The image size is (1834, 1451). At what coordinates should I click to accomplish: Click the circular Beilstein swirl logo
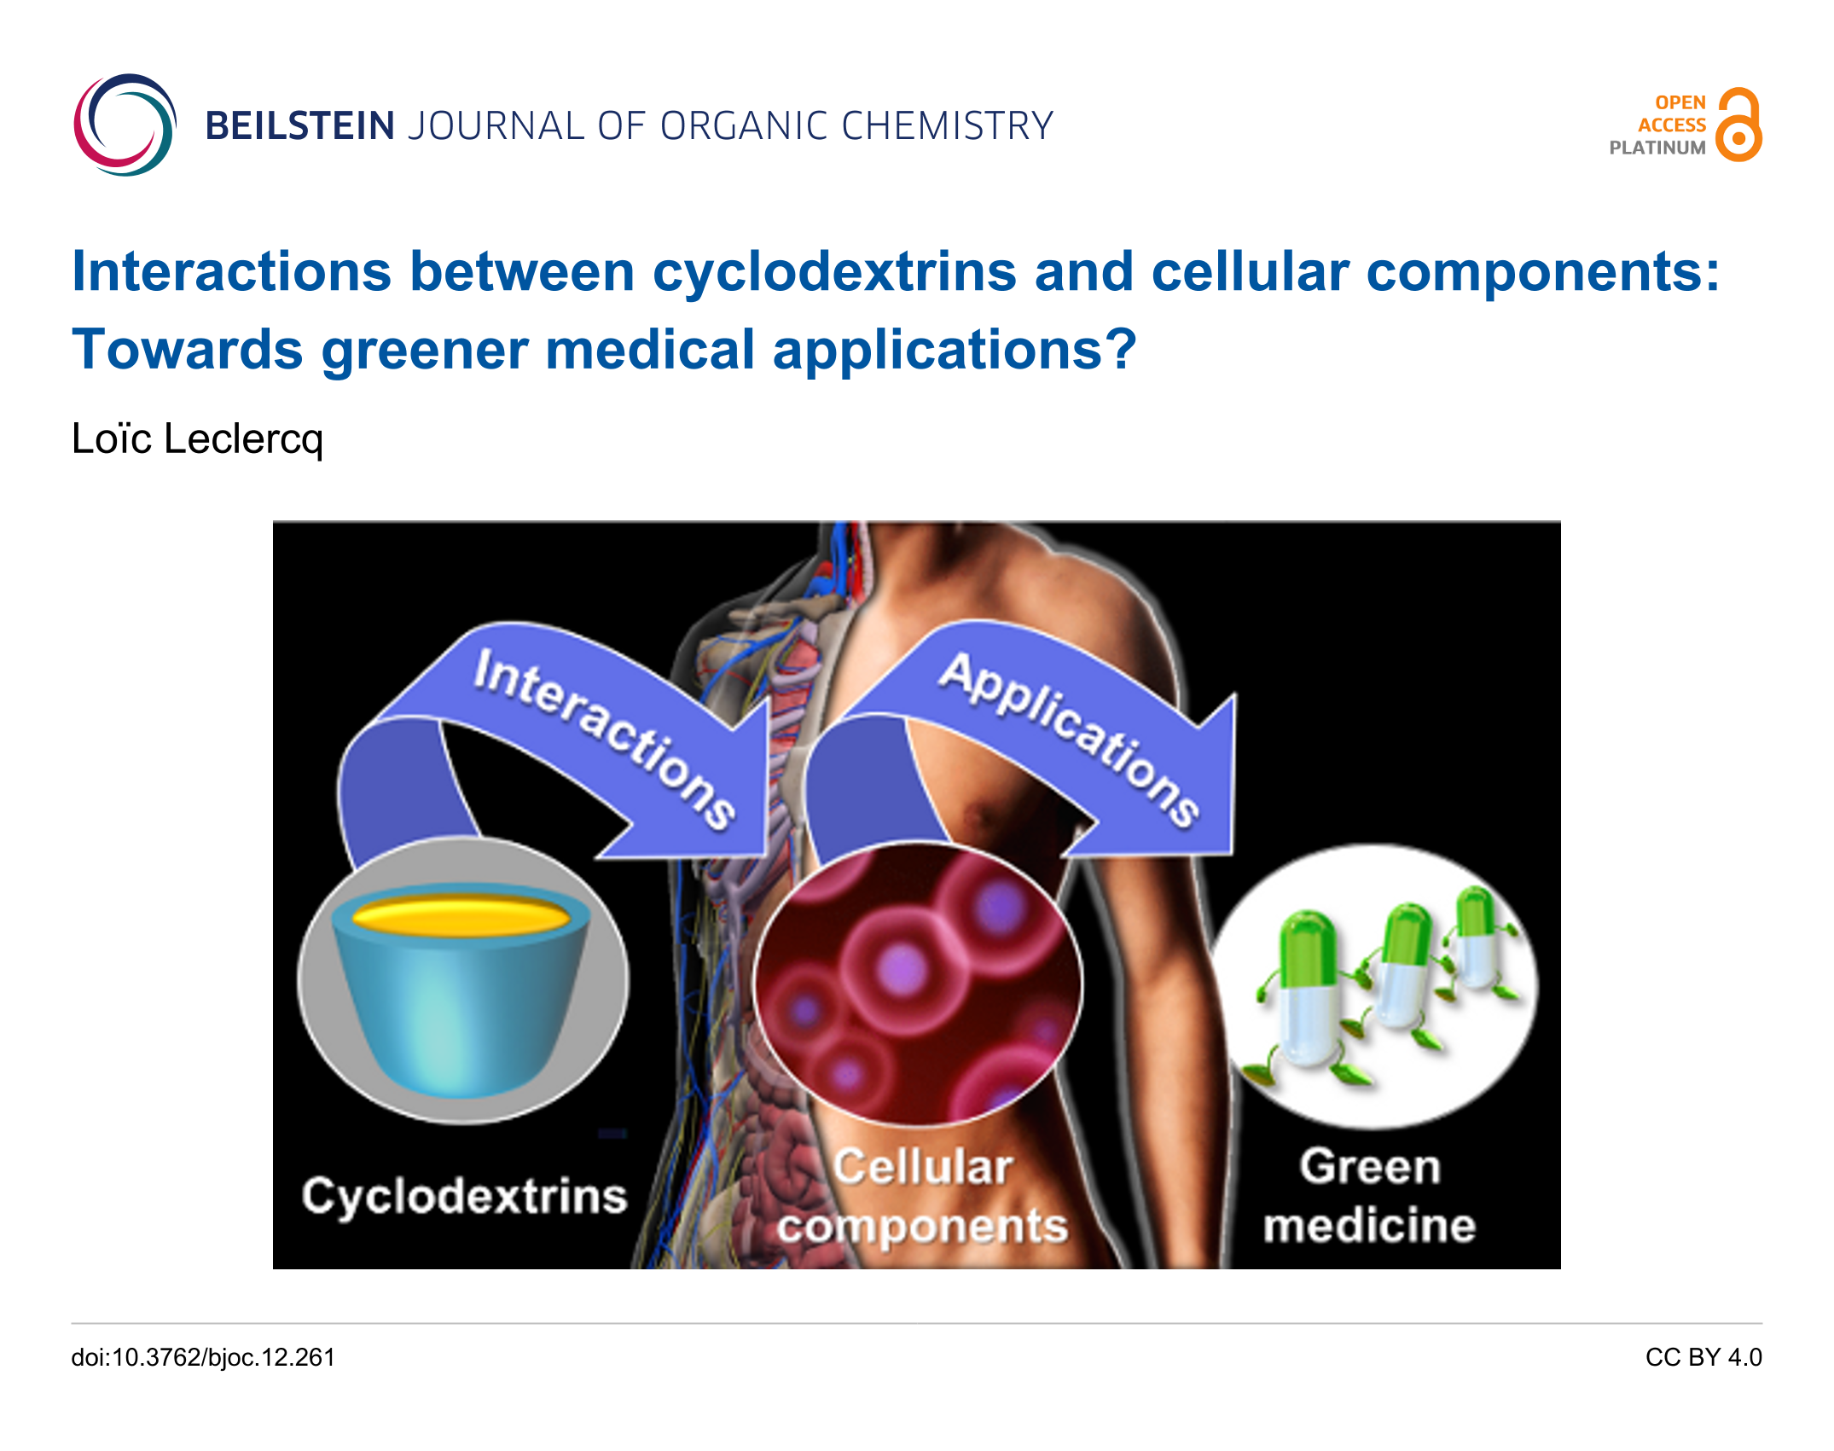(x=125, y=125)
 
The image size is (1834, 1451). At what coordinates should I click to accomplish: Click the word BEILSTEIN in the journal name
(x=300, y=126)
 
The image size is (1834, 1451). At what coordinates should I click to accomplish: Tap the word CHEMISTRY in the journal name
(x=948, y=126)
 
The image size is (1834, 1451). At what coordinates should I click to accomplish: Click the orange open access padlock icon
(x=1738, y=125)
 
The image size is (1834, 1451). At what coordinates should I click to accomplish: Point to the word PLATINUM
(x=1657, y=148)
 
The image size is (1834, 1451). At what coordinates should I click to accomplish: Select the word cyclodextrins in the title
(x=835, y=272)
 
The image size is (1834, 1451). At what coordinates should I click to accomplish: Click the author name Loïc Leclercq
(x=198, y=439)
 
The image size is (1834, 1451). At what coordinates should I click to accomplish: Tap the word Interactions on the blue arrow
(x=604, y=739)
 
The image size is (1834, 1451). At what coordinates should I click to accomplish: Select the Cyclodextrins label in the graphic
(x=464, y=1196)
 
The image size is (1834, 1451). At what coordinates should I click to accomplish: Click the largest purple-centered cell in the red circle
(x=902, y=970)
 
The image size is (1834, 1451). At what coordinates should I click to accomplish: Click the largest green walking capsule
(x=1305, y=994)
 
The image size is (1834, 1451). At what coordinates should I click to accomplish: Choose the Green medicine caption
(x=1370, y=1196)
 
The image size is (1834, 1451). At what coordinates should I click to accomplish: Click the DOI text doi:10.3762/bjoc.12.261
(x=203, y=1357)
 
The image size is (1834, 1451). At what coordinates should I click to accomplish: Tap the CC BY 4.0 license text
(x=1703, y=1357)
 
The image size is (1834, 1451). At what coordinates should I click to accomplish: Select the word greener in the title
(x=424, y=351)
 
